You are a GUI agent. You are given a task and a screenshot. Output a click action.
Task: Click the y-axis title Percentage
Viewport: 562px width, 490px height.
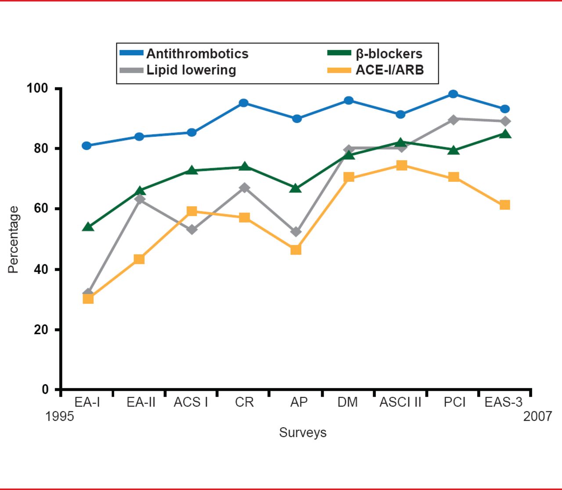[x=14, y=240]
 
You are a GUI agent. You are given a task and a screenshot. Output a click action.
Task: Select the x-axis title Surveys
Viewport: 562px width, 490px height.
[x=303, y=432]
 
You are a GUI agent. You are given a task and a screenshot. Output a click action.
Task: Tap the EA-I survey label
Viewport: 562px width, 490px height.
[x=87, y=402]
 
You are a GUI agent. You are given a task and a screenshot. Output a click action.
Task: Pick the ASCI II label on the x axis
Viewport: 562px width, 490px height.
[x=400, y=402]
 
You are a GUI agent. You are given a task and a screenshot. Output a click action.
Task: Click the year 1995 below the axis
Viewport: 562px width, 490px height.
[x=60, y=416]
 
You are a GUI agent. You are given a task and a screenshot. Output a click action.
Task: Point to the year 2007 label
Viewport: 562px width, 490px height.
[x=537, y=416]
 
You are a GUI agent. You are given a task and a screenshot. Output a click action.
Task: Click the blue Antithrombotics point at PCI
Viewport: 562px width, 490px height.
[x=453, y=94]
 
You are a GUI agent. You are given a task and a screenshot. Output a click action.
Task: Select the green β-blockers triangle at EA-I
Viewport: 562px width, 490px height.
[x=88, y=227]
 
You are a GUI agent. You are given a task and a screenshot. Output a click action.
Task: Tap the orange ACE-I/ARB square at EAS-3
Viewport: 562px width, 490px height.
[x=505, y=205]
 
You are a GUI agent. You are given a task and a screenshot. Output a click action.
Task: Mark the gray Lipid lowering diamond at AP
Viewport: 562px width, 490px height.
[x=296, y=231]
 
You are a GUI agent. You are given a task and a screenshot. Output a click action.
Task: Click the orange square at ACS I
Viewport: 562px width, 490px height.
[x=191, y=211]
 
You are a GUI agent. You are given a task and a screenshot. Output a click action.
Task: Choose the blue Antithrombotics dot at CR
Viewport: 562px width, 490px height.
[x=244, y=103]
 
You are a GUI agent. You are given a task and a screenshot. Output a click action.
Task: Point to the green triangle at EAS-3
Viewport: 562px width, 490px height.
[x=505, y=134]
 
